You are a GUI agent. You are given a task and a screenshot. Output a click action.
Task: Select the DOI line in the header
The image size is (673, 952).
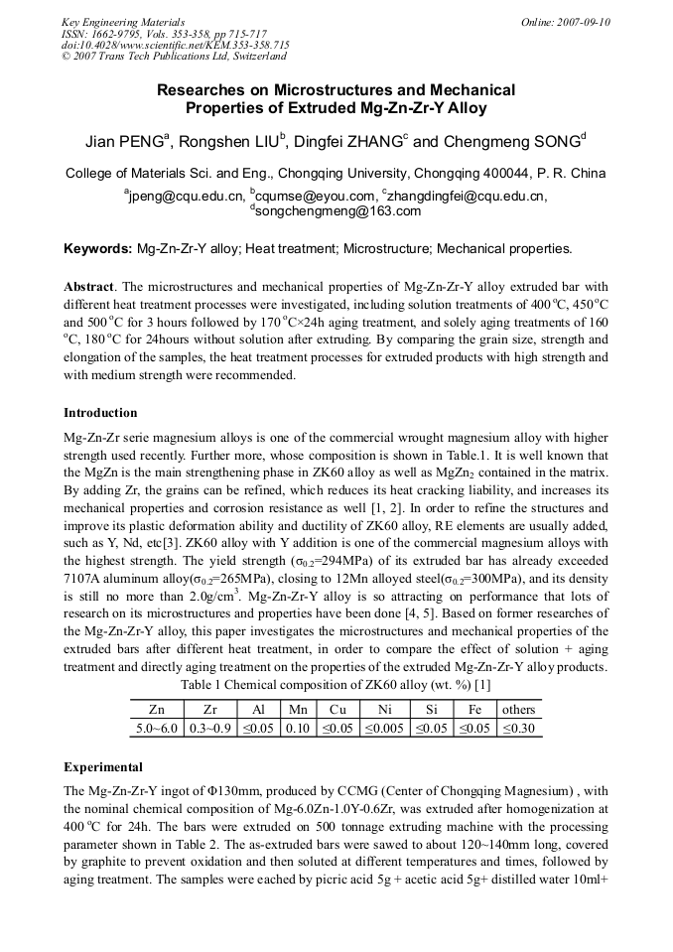click(175, 46)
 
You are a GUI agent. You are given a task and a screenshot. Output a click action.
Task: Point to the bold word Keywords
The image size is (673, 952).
click(97, 248)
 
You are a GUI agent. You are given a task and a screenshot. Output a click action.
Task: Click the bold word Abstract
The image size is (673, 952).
click(89, 286)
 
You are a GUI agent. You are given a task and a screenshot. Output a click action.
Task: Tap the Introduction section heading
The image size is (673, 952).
click(100, 412)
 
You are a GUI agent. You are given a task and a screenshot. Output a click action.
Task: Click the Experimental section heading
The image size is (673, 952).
click(103, 767)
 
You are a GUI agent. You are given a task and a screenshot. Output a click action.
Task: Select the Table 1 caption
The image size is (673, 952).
click(336, 685)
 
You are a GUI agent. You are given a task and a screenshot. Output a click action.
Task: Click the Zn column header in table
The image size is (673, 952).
click(157, 710)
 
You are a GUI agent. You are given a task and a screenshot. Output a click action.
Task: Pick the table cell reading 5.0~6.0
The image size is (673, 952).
click(157, 728)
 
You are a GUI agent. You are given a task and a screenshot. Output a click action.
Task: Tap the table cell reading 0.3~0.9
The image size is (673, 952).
click(209, 728)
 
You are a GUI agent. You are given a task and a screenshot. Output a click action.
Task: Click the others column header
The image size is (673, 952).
click(518, 710)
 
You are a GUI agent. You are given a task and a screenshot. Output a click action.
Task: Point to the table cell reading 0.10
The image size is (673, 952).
click(298, 728)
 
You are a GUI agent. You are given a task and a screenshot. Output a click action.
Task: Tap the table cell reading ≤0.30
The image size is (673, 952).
click(518, 728)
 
